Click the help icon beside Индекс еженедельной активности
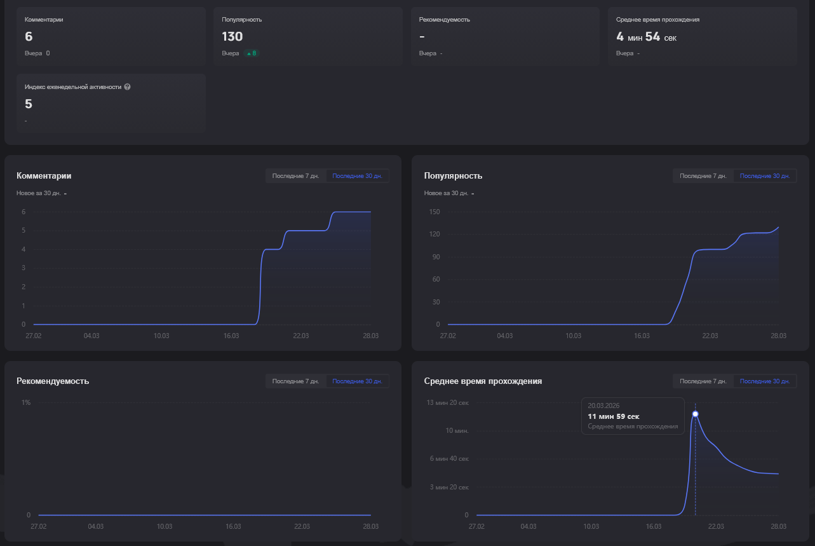[127, 86]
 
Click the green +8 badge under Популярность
[252, 53]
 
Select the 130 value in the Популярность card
[232, 36]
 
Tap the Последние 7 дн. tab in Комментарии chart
[295, 176]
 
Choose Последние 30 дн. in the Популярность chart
[765, 176]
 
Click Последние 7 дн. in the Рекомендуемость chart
[295, 381]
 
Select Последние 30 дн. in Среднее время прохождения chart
[765, 381]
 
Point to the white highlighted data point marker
[696, 414]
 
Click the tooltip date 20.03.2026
[603, 406]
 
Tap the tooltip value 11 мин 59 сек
[614, 416]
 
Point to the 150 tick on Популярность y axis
[434, 212]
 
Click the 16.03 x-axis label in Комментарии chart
[231, 336]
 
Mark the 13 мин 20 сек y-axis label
[448, 402]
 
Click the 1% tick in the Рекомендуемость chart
[26, 402]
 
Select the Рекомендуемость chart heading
[53, 381]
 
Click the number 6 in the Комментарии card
[29, 36]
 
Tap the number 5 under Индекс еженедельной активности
[29, 104]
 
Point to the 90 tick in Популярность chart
[436, 257]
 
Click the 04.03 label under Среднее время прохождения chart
[529, 526]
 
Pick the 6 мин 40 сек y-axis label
[449, 459]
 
